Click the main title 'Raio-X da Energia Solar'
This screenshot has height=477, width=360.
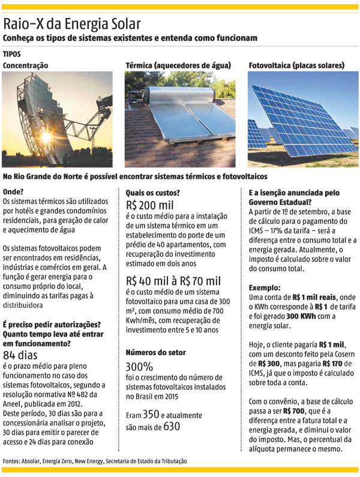click(x=72, y=24)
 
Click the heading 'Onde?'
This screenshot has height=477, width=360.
click(x=14, y=193)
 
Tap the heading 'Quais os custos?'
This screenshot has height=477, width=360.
click(x=152, y=193)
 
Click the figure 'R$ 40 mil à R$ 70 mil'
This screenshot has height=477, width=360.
click(x=173, y=281)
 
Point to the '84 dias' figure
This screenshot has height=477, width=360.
click(x=21, y=355)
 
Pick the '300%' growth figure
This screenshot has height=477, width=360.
click(x=140, y=367)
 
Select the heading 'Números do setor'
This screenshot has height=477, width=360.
click(x=156, y=352)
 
